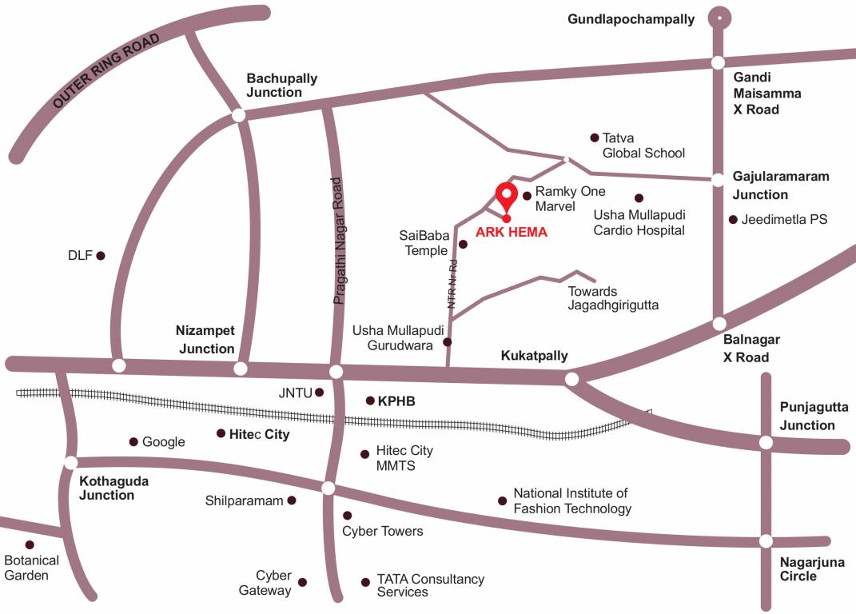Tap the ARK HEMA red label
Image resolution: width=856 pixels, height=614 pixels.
coord(512,233)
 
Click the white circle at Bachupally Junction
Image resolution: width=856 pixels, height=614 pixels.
coord(238,115)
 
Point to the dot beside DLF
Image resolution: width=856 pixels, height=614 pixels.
coord(101,256)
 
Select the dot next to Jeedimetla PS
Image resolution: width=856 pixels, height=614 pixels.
coord(733,219)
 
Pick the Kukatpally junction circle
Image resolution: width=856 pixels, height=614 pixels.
coord(571,379)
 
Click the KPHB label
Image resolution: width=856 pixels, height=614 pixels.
coord(397,401)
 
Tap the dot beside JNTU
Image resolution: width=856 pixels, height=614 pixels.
coord(320,393)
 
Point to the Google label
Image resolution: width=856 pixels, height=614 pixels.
coord(163,442)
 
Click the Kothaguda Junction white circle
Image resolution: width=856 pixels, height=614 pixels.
coord(71,462)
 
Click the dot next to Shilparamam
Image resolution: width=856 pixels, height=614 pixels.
coord(292,500)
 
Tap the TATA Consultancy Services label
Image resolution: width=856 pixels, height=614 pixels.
coord(430,585)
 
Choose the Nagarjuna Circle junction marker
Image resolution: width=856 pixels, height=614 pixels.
coord(766,541)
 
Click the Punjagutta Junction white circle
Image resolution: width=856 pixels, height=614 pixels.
coord(766,442)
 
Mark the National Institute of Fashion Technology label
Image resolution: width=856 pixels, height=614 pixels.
coord(571,501)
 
